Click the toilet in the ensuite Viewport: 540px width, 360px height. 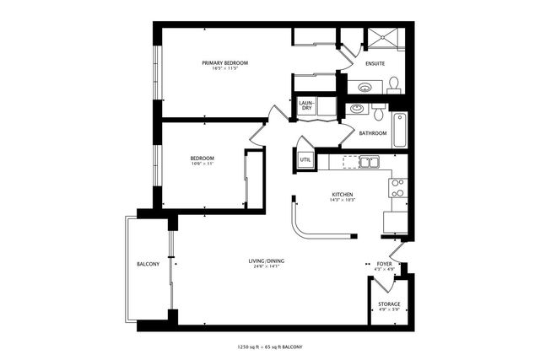coord(394,83)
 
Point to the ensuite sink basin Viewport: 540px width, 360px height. coord(365,86)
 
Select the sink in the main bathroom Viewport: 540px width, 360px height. coord(358,109)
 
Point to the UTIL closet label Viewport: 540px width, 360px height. coord(305,159)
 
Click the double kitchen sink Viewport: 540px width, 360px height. coord(369,162)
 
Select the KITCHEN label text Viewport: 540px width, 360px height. coord(342,195)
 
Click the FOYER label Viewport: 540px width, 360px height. coord(385,265)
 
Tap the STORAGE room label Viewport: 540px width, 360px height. coord(389,304)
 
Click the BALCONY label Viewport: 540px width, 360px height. coord(148,265)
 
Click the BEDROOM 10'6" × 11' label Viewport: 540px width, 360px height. coord(202,159)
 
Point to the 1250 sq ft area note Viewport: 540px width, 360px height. coord(269,347)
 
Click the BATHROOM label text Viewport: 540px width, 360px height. coord(372,133)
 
